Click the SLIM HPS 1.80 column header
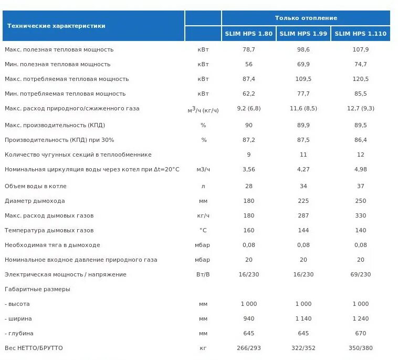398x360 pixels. click(249, 34)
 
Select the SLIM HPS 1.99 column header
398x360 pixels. click(303, 34)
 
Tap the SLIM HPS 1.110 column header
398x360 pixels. click(360, 34)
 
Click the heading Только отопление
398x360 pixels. click(306, 18)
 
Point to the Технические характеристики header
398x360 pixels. click(56, 26)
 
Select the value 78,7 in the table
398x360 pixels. click(249, 49)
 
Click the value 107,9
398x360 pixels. click(361, 49)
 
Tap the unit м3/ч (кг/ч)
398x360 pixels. click(203, 110)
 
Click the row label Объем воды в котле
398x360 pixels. click(36, 186)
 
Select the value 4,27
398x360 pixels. click(303, 169)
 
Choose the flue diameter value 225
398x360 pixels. click(303, 201)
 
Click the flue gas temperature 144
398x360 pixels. click(303, 230)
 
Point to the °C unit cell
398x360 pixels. click(203, 230)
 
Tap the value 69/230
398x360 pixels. click(361, 274)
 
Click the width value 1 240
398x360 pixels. click(361, 318)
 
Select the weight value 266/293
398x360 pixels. click(249, 348)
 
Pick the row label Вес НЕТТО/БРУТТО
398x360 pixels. click(34, 348)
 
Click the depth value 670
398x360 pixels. click(361, 333)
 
